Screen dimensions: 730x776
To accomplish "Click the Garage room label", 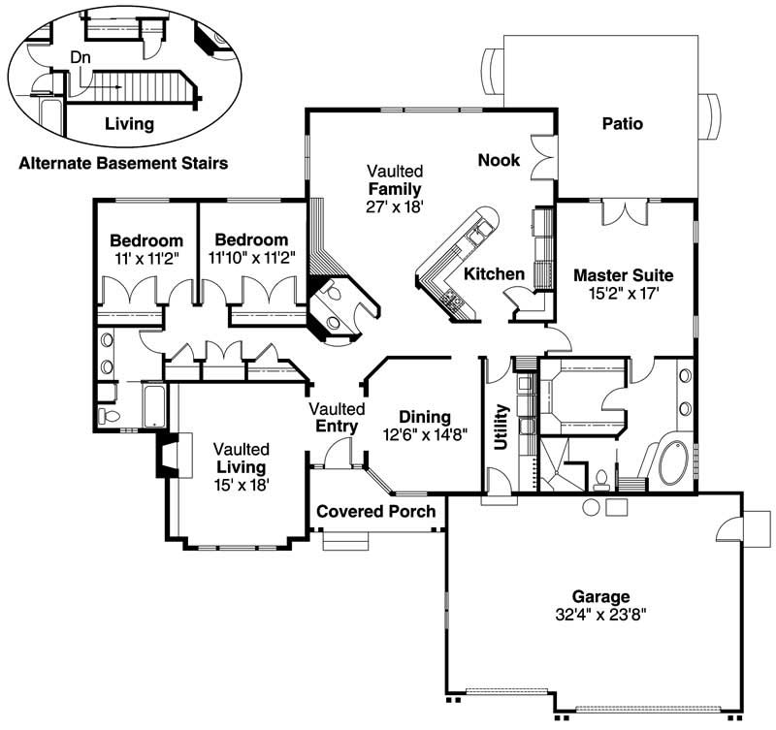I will click(x=600, y=596).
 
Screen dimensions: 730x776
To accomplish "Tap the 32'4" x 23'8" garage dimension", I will click(x=600, y=614).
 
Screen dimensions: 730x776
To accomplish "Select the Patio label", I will click(x=622, y=123).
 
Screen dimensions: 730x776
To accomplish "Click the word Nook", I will click(x=499, y=160).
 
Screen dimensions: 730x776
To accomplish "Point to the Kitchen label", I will click(x=494, y=274).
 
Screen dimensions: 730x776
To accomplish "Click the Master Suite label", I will click(x=623, y=274).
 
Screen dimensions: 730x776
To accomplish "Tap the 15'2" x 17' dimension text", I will click(x=623, y=292).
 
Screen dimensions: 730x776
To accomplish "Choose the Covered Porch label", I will click(x=376, y=511).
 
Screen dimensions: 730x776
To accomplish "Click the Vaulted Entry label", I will click(x=337, y=418).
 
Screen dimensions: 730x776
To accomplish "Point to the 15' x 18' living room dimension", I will click(x=242, y=484).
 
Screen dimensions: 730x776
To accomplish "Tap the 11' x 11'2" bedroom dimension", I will click(x=145, y=258).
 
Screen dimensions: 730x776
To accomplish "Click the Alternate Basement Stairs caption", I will click(x=123, y=164).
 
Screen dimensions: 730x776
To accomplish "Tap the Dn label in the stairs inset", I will click(x=81, y=57).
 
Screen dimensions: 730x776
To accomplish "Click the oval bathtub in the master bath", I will click(x=673, y=464).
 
